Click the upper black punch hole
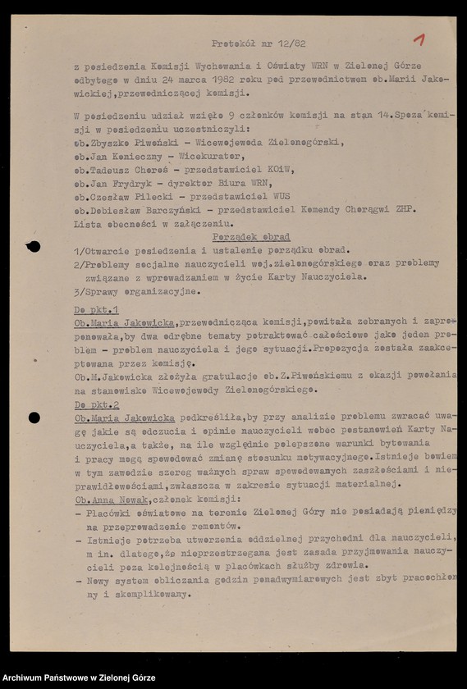[x=34, y=246]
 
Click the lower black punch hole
[x=34, y=418]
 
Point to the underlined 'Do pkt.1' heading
[x=97, y=313]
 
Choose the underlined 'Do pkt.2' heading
[x=97, y=405]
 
